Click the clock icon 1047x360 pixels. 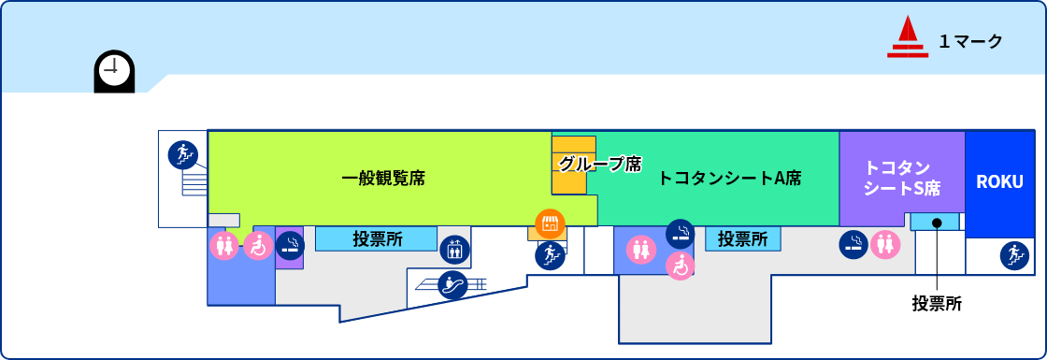pyautogui.click(x=114, y=69)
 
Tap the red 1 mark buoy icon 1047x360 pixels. pyautogui.click(x=907, y=38)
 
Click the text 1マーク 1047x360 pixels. pyautogui.click(x=970, y=41)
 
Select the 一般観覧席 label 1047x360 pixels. pyautogui.click(x=383, y=178)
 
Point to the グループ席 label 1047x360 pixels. pyautogui.click(x=599, y=164)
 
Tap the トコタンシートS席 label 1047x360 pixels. pyautogui.click(x=901, y=178)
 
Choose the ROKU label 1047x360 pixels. pyautogui.click(x=1000, y=181)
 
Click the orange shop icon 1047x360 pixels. pyautogui.click(x=550, y=223)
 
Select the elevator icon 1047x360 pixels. pyautogui.click(x=453, y=250)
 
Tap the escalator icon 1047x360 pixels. pyautogui.click(x=452, y=284)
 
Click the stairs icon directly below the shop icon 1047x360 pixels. pyautogui.click(x=550, y=254)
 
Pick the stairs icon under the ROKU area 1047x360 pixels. pyautogui.click(x=1013, y=254)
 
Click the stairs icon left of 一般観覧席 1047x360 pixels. pyautogui.click(x=182, y=153)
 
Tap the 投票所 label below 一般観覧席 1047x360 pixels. pyautogui.click(x=378, y=238)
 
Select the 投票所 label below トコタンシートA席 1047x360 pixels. pyautogui.click(x=742, y=238)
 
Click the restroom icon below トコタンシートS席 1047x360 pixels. pyautogui.click(x=884, y=245)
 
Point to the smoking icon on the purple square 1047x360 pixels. pyautogui.click(x=290, y=245)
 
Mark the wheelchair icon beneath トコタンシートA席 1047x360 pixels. pyautogui.click(x=681, y=266)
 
